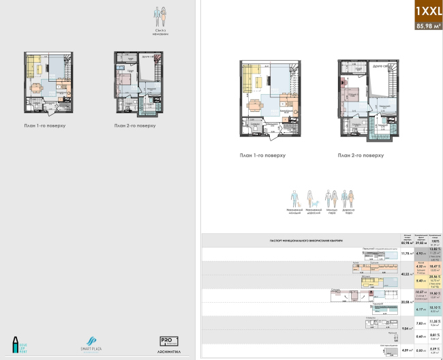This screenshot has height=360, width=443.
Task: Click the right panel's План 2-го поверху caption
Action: click(361, 155)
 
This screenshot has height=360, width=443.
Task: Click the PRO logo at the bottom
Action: click(168, 340)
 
